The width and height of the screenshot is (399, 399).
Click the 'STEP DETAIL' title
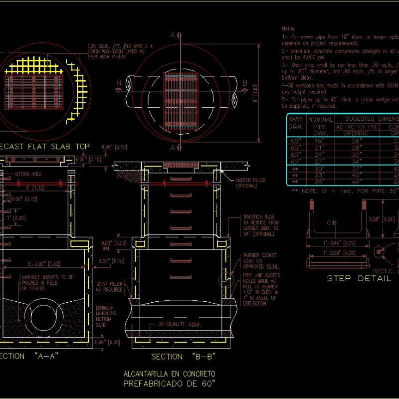[359, 278]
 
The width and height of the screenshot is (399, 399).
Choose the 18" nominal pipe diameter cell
[319, 141]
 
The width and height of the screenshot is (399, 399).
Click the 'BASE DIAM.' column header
[296, 123]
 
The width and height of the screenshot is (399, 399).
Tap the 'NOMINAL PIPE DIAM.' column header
[320, 127]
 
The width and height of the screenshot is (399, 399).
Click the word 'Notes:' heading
[289, 29]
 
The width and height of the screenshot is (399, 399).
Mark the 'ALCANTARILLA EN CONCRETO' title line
[169, 373]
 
